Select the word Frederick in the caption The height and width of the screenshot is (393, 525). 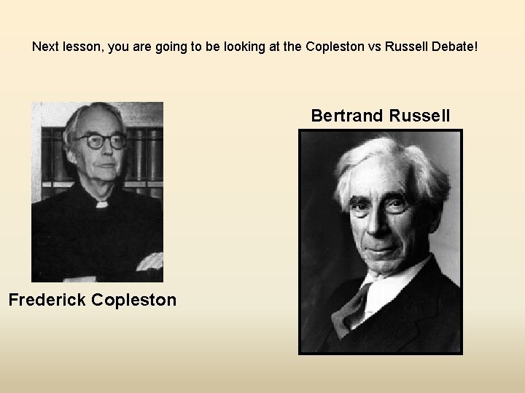coord(49,299)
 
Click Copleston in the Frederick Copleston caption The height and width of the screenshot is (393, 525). coord(136,299)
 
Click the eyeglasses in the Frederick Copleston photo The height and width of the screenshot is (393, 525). coord(97,142)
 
